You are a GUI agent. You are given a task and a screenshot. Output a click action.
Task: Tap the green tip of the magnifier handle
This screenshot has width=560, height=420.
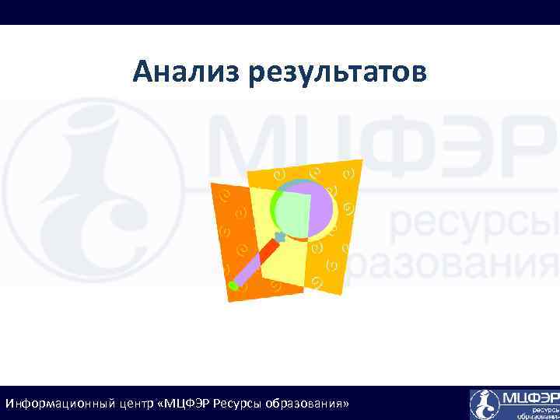[x=233, y=285]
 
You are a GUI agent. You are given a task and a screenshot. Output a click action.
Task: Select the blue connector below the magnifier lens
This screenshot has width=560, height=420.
[x=280, y=235]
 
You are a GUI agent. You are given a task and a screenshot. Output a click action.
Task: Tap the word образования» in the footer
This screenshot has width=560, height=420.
[x=307, y=404]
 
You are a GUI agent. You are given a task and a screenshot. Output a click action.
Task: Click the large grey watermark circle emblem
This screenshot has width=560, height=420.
[x=93, y=191]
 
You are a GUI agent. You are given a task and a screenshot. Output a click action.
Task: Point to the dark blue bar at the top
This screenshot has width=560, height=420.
[x=280, y=12]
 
